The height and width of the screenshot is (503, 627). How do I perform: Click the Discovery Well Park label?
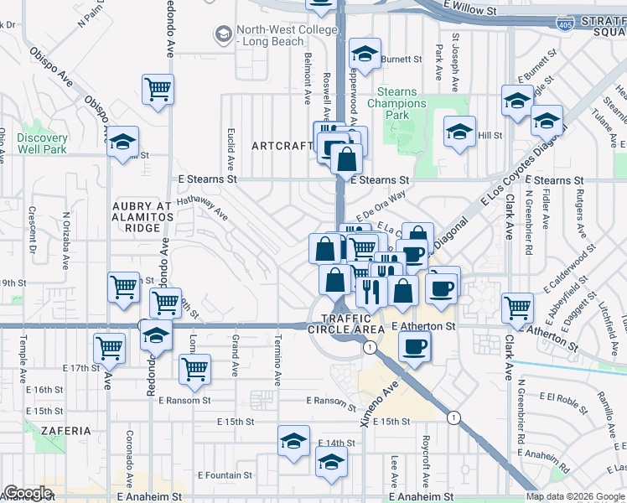pos(41,143)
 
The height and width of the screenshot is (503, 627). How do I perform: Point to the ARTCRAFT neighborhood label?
pos(282,146)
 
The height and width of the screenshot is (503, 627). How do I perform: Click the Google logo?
pos(28,493)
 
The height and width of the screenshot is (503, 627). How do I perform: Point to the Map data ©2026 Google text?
pos(575,496)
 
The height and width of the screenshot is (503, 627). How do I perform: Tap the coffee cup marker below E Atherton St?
pos(413,345)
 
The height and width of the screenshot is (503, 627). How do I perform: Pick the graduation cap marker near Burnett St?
pos(365,54)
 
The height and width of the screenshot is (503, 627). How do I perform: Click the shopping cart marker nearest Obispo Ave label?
pos(158,89)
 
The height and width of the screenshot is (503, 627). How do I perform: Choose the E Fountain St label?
pos(227,475)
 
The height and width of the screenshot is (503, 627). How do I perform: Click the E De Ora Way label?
pos(379,202)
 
